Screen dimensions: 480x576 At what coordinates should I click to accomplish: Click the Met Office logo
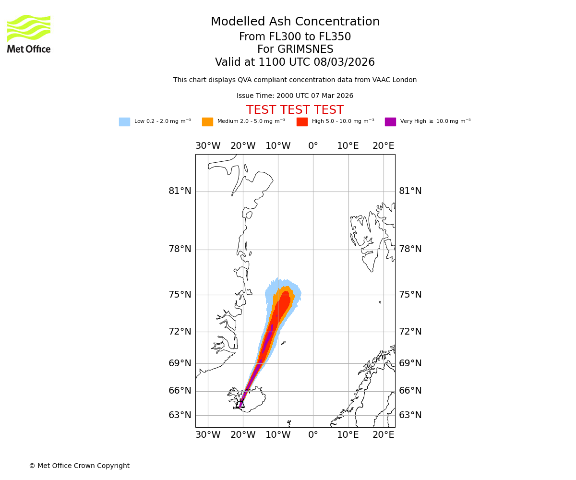[x=29, y=34]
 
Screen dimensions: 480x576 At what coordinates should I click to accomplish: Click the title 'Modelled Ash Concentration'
[x=295, y=22]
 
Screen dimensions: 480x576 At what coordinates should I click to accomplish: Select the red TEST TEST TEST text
[x=295, y=110]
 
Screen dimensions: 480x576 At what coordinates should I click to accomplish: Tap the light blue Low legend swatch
[x=124, y=121]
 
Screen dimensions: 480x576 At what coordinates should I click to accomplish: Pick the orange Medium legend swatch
[x=207, y=121]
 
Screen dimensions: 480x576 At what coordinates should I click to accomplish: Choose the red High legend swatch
[x=302, y=121]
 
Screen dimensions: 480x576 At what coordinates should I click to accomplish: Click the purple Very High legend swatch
[x=390, y=121]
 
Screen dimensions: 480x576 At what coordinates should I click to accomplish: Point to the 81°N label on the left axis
[x=180, y=191]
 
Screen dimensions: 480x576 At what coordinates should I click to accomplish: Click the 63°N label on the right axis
[x=410, y=415]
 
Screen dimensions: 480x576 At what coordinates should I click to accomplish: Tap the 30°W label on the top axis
[x=208, y=146]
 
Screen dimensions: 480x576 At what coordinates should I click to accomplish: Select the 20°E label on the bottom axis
[x=384, y=435]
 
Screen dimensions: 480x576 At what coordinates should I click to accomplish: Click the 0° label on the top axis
[x=313, y=146]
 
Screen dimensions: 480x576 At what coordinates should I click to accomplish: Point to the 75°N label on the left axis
[x=180, y=295]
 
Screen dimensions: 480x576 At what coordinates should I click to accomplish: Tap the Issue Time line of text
[x=295, y=96]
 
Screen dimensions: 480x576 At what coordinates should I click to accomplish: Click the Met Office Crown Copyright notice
[x=79, y=466]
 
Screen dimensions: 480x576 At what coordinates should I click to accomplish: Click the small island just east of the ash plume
[x=283, y=343]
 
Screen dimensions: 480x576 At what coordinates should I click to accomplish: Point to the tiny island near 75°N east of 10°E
[x=380, y=302]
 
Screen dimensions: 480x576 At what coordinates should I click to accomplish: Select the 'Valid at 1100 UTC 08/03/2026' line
[x=295, y=62]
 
